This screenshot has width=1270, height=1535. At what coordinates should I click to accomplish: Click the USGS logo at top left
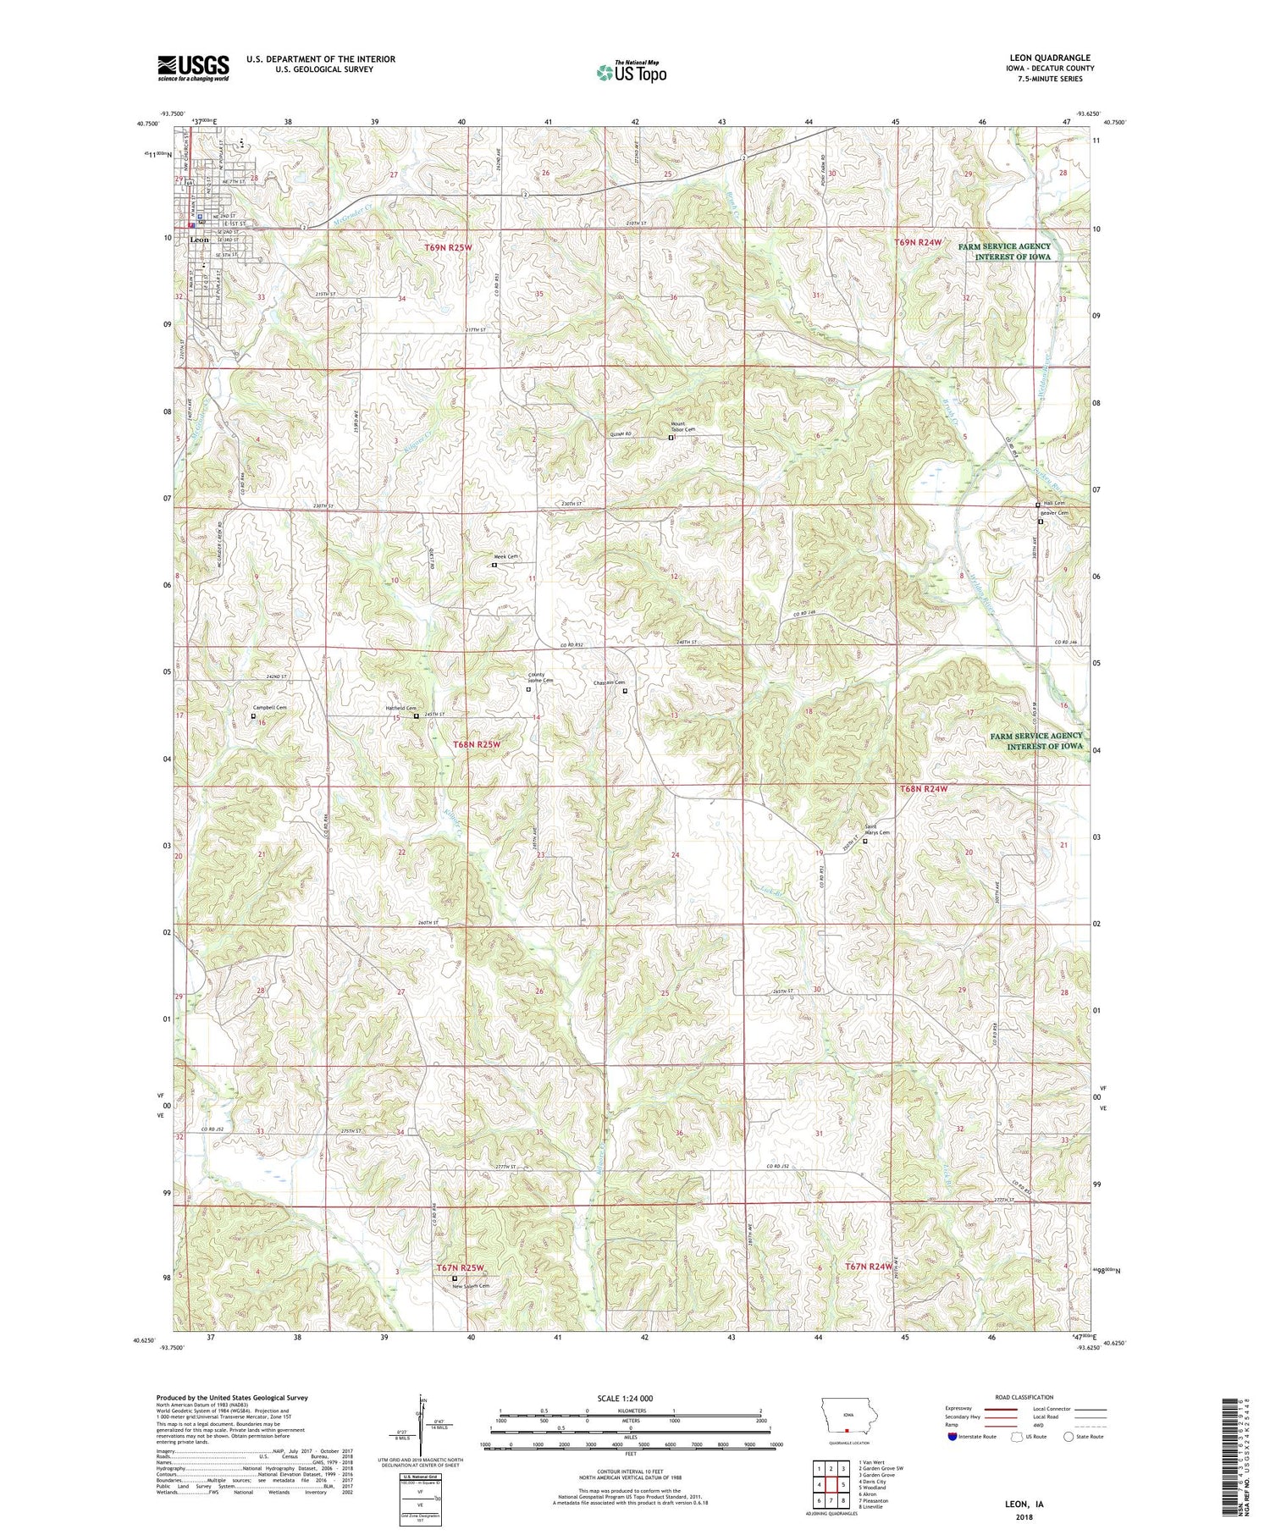[x=193, y=68]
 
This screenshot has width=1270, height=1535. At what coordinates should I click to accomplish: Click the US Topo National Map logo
[x=631, y=72]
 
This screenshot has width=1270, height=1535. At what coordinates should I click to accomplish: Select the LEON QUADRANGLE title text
[x=1050, y=58]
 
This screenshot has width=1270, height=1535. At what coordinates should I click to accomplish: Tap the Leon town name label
[x=200, y=240]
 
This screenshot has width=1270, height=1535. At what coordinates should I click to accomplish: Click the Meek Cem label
[x=507, y=556]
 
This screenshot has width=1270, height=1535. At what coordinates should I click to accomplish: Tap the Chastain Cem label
[x=610, y=682]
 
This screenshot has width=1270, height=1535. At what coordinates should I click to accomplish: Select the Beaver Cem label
[x=1055, y=513]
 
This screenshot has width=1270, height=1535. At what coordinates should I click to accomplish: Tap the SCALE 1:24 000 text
[x=630, y=1398]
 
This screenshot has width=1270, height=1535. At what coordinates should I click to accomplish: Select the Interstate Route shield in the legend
[x=952, y=1437]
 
